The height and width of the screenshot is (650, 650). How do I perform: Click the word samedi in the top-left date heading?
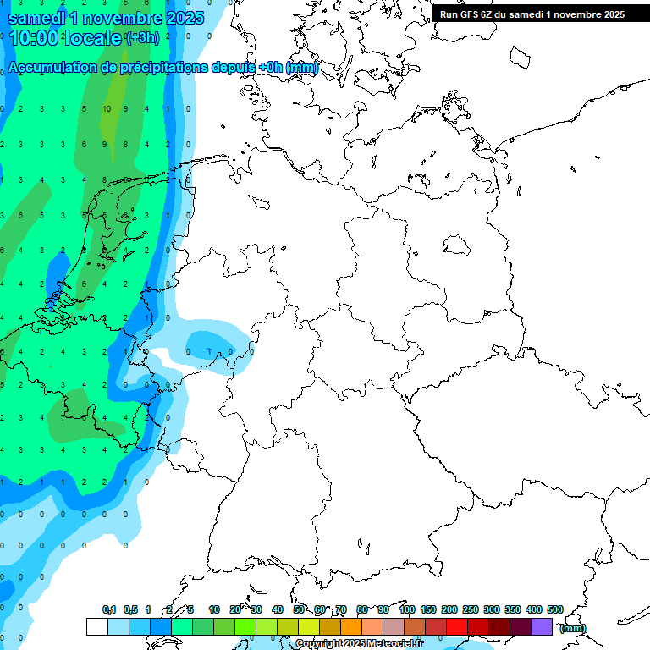point(35,18)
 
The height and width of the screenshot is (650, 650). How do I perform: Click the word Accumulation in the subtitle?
point(52,68)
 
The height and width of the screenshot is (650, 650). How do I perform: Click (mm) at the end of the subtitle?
point(302,68)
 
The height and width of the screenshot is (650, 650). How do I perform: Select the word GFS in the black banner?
point(471,14)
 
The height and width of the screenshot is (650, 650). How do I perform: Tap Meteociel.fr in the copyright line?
point(395,644)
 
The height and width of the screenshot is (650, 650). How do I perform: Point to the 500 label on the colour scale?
point(555,609)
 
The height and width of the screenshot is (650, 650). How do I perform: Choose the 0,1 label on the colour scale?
point(109,609)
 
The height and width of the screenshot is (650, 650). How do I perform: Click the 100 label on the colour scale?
point(407,609)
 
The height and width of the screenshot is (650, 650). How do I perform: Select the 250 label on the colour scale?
point(471,609)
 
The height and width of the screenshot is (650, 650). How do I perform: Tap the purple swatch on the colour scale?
point(542,626)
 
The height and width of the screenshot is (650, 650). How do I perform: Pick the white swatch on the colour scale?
point(96,626)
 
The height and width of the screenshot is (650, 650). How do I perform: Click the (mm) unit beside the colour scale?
point(573,628)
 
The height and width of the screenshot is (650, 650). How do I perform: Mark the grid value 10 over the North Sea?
point(107,109)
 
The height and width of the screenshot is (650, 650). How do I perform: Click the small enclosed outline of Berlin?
point(458,245)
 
